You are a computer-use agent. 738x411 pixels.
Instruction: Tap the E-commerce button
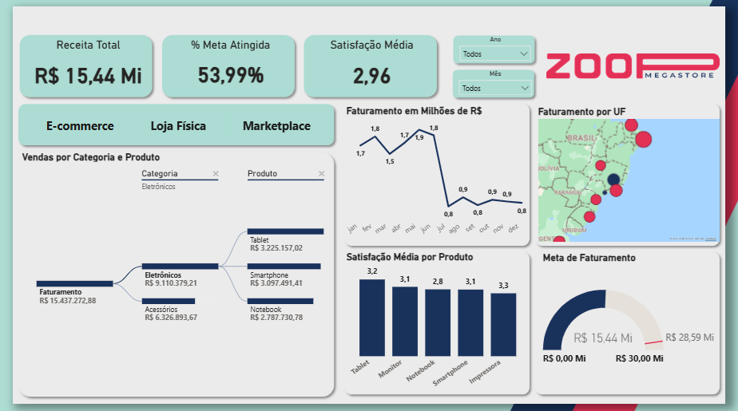(x=80, y=126)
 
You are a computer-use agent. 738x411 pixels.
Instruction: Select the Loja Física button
(x=178, y=126)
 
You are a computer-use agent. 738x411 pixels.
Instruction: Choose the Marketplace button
(x=276, y=126)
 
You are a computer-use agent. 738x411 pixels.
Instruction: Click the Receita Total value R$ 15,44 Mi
(x=88, y=76)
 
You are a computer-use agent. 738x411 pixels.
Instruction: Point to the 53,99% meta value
(x=231, y=76)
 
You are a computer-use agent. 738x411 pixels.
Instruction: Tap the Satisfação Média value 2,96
(x=371, y=76)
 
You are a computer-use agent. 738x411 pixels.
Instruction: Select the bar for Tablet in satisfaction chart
(x=371, y=318)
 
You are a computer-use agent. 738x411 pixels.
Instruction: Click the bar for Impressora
(x=503, y=325)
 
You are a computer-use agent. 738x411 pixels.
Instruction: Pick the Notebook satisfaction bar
(x=438, y=322)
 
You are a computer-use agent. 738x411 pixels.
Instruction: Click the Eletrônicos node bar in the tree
(x=180, y=266)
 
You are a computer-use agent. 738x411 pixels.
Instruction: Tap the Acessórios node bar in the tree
(x=169, y=301)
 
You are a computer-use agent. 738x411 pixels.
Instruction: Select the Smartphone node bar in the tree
(x=285, y=266)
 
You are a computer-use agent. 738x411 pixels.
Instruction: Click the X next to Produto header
(x=322, y=174)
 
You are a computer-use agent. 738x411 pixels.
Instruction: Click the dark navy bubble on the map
(x=613, y=180)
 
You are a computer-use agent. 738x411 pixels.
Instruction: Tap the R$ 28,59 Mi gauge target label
(x=689, y=338)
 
